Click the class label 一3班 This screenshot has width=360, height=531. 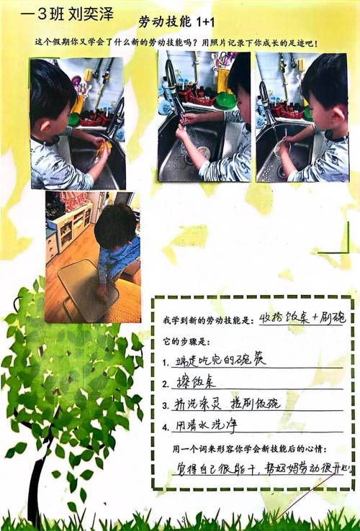(x=36, y=14)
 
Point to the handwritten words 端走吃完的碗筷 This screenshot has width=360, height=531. (x=220, y=359)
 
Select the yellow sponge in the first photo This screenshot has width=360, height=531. (x=104, y=149)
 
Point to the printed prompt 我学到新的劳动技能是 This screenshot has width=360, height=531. (x=209, y=319)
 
